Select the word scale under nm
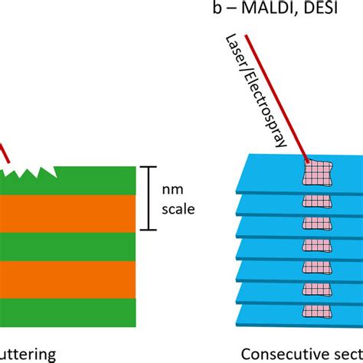182,208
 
